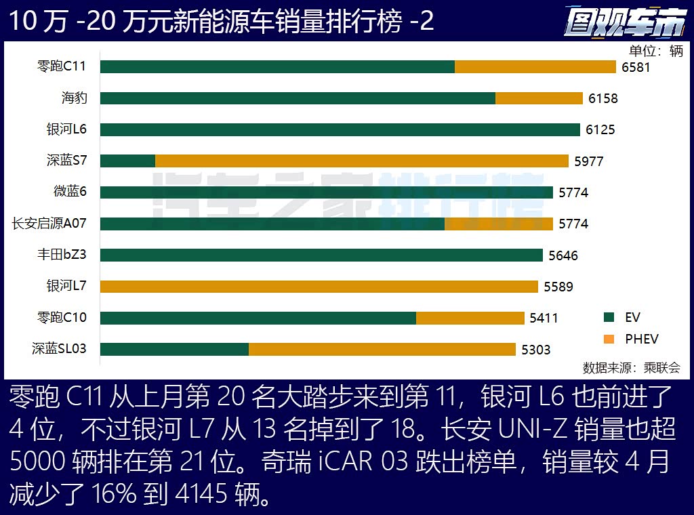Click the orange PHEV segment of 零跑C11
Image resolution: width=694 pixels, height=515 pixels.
[535, 66]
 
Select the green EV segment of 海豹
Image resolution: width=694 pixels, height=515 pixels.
[298, 98]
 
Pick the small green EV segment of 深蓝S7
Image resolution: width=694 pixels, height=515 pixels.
[128, 161]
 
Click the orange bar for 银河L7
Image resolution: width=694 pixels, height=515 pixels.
[319, 286]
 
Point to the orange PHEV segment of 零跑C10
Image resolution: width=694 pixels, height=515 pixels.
[470, 318]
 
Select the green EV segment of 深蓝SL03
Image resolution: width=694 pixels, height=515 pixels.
[175, 349]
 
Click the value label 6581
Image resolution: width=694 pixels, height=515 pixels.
[636, 67]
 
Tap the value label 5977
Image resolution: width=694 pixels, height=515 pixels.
[588, 161]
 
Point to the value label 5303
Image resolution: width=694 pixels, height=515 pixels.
[535, 350]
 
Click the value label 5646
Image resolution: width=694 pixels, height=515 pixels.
[563, 255]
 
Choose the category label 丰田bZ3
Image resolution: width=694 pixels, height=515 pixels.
[62, 255]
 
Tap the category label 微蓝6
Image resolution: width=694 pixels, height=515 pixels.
[70, 192]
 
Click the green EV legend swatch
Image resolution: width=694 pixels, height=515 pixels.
[609, 317]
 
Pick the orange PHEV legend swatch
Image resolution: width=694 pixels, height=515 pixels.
[609, 339]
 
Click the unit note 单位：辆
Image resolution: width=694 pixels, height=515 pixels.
[655, 52]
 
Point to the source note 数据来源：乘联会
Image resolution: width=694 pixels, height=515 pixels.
[631, 368]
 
